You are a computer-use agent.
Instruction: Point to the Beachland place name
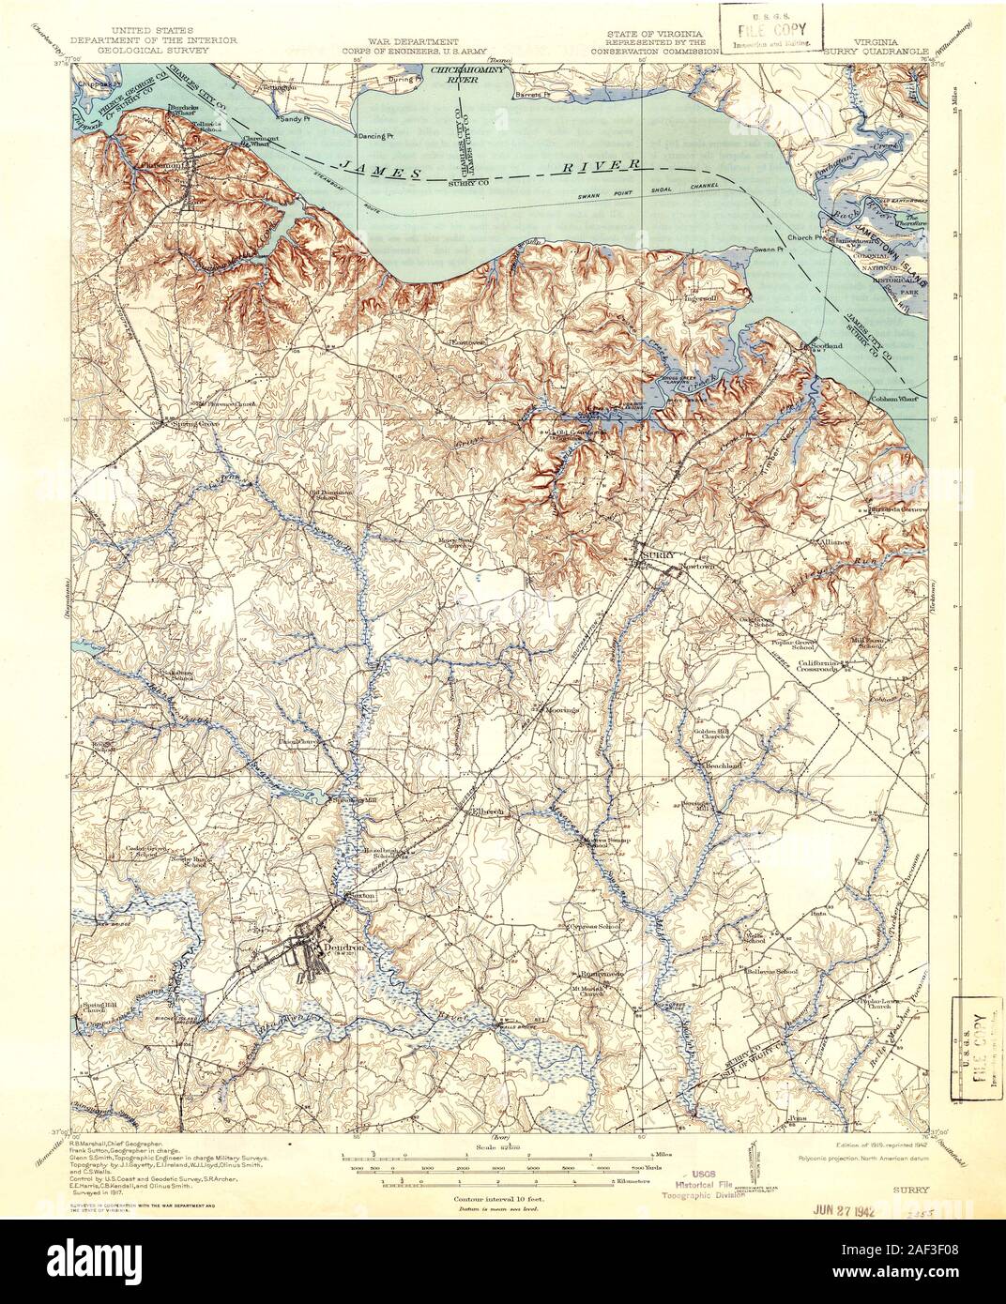[723, 766]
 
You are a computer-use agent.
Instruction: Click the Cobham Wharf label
[895, 397]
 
